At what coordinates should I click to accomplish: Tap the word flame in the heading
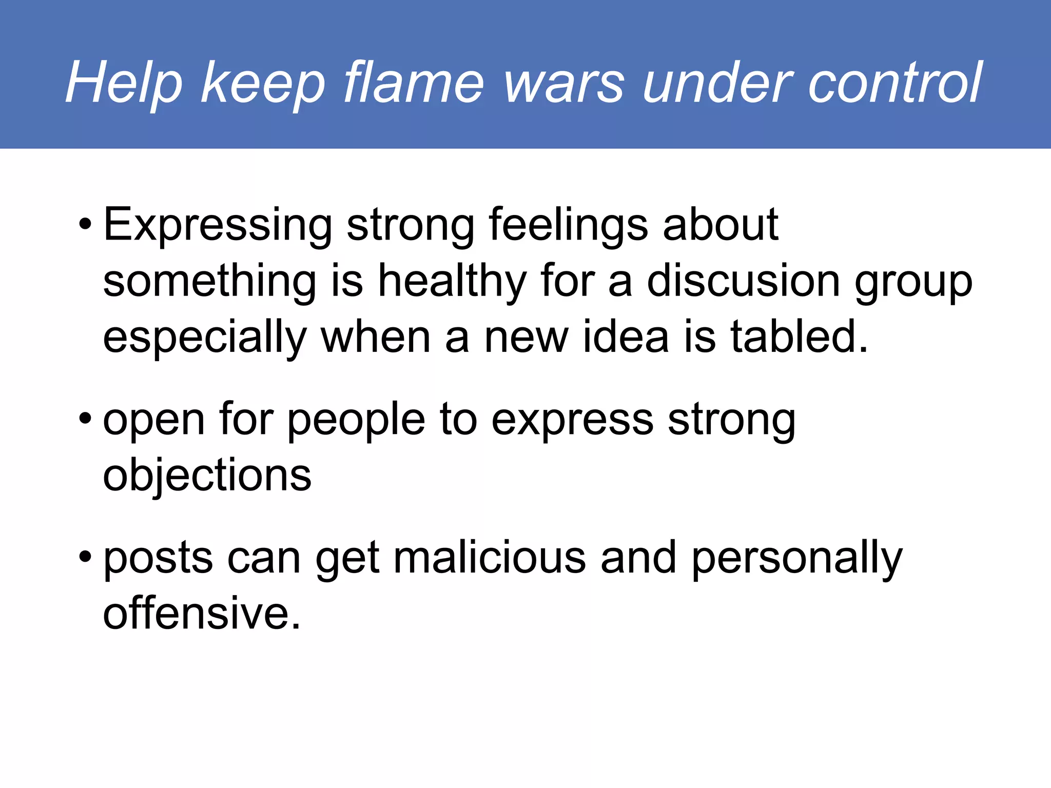[414, 82]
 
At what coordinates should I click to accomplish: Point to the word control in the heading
[894, 82]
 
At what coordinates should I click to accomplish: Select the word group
[913, 282]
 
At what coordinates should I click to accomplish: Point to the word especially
[205, 338]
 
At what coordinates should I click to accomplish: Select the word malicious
[490, 558]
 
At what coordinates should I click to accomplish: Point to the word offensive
[201, 613]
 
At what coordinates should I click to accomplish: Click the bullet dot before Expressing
[85, 225]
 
